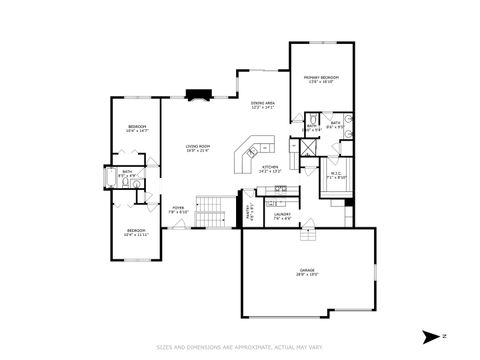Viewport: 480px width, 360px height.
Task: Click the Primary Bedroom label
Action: point(322,79)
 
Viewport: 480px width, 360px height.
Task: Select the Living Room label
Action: point(198,149)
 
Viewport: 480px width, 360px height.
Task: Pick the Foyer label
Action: point(178,210)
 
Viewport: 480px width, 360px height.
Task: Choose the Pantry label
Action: point(249,211)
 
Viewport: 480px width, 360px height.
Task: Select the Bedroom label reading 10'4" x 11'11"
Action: point(137,233)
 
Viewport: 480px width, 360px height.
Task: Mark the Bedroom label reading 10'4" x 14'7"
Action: point(137,128)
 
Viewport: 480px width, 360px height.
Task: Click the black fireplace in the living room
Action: point(197,97)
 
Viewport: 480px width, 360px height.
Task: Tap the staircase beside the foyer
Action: point(210,211)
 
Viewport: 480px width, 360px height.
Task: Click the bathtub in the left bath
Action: point(113,177)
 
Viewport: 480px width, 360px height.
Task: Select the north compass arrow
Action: point(429,335)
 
